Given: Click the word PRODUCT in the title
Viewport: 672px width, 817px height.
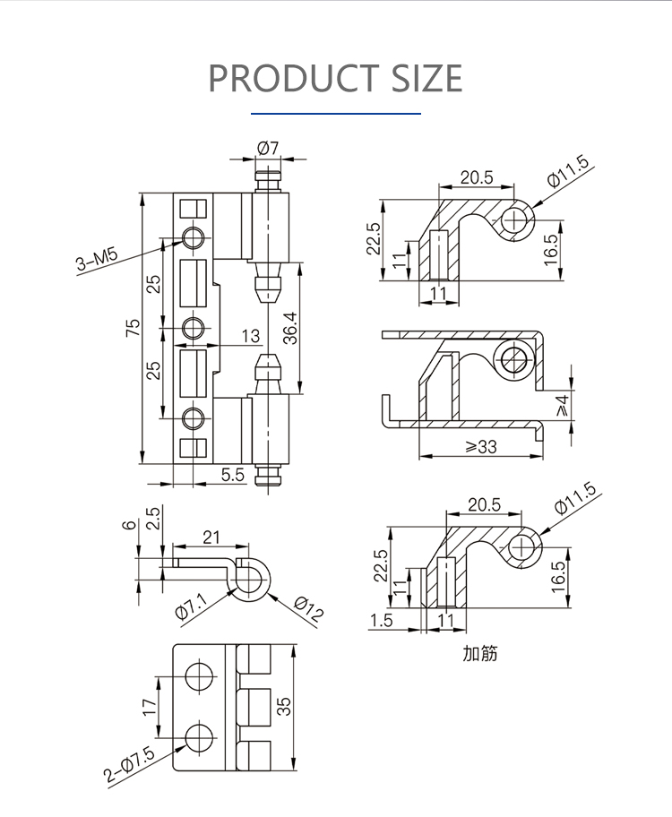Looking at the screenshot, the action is tap(294, 78).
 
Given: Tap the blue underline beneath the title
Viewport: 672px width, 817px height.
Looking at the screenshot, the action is tap(336, 113).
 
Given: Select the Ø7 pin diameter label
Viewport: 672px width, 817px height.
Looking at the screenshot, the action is tap(268, 148).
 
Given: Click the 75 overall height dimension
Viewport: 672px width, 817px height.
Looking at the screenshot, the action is tap(133, 327).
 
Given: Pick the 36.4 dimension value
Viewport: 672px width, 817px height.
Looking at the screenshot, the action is tap(290, 328).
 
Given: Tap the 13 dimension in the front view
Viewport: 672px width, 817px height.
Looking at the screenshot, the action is tap(251, 336).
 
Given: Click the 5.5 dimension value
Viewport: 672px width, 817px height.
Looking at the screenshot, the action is tap(233, 475).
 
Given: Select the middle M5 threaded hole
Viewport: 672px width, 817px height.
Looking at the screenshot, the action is tap(194, 328).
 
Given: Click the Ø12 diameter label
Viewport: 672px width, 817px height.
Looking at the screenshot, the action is tap(308, 608).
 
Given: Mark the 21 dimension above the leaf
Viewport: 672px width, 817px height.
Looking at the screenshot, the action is tap(211, 537).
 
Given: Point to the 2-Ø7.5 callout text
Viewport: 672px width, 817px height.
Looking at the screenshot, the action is tap(129, 764).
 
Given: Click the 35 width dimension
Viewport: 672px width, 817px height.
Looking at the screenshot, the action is tap(284, 706).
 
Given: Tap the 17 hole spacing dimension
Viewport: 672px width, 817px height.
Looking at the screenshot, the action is tap(149, 707).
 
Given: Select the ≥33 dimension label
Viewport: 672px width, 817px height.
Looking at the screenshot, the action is tap(480, 447).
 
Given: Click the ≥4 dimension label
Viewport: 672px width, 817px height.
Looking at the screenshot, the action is tap(563, 406).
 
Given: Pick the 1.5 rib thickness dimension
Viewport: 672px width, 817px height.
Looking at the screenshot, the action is tap(381, 620).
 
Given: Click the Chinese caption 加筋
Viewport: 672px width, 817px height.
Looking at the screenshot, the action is tap(480, 653).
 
